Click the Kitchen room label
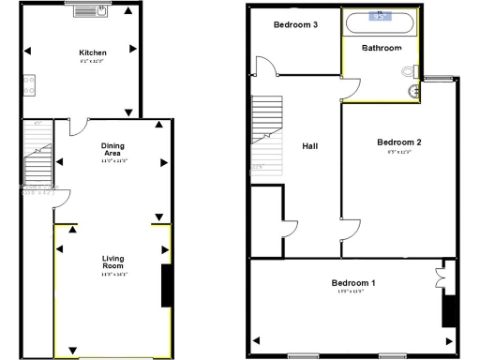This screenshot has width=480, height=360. (91, 53)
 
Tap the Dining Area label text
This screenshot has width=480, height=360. (113, 149)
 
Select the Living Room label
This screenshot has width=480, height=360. (113, 262)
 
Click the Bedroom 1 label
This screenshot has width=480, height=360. (353, 282)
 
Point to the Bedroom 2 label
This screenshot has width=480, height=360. (398, 142)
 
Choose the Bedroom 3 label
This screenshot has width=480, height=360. (293, 25)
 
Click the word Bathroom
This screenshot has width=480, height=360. (382, 48)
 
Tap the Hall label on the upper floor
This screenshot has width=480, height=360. (310, 146)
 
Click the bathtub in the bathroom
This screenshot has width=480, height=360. (380, 21)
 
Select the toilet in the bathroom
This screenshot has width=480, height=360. (410, 71)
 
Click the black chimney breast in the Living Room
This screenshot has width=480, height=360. (166, 286)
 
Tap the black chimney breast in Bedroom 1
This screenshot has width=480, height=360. (448, 309)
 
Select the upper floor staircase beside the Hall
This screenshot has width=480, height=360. (265, 131)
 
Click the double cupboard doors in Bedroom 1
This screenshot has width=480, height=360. (442, 277)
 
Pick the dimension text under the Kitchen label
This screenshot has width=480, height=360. (91, 62)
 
